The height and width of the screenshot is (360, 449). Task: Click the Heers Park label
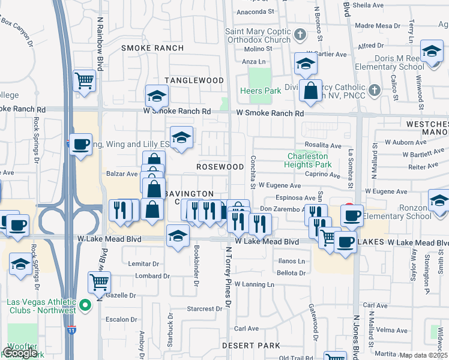pyautogui.click(x=260, y=91)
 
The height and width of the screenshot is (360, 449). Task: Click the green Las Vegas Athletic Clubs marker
pyautogui.click(x=86, y=305)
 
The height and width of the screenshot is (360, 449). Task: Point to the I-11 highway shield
pyautogui.click(x=72, y=330)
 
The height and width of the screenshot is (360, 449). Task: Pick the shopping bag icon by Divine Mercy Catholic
pyautogui.click(x=310, y=91)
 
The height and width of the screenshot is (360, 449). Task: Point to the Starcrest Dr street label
pyautogui.click(x=204, y=309)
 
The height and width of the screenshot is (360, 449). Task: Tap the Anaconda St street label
pyautogui.click(x=255, y=11)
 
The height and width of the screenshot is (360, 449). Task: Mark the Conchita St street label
pyautogui.click(x=253, y=171)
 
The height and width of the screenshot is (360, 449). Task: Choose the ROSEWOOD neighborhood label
pyautogui.click(x=220, y=166)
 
